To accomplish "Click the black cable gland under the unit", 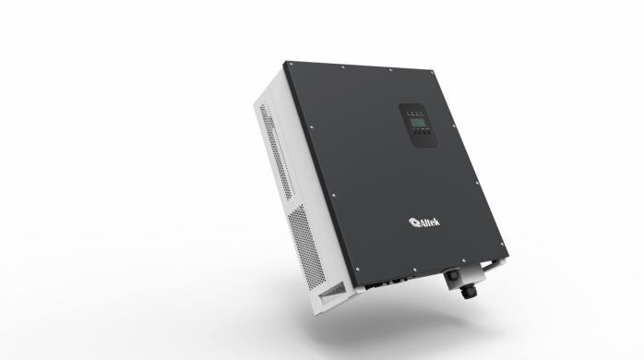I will (x=455, y=281).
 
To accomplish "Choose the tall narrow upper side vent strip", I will (x=269, y=148).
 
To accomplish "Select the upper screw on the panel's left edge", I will (x=309, y=128).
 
